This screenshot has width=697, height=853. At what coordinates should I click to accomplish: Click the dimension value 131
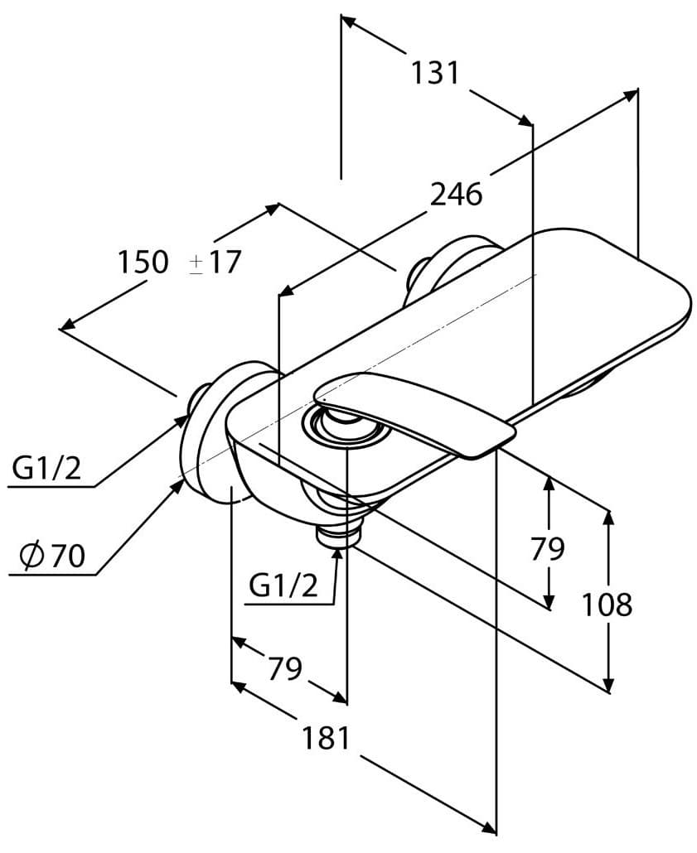point(435,73)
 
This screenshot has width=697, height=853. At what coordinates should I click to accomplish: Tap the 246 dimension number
point(456,195)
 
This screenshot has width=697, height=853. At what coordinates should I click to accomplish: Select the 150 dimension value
point(142,263)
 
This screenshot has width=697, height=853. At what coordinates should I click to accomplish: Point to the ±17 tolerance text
point(214,263)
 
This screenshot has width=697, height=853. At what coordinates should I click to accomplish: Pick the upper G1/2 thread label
point(46,470)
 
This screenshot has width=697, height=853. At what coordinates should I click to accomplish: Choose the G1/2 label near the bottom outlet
point(283,586)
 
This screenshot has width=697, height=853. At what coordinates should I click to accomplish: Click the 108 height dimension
point(606,605)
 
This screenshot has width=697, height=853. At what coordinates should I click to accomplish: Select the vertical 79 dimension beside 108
point(548,548)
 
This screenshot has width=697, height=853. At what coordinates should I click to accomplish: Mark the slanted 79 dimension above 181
point(284,667)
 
